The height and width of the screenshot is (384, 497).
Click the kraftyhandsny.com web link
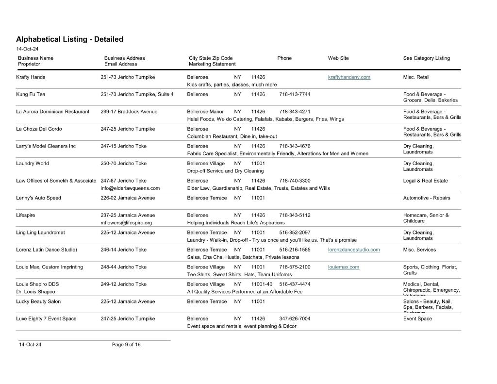coord(349,77)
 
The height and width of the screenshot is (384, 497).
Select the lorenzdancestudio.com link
coord(354,250)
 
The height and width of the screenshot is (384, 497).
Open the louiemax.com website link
coord(344,267)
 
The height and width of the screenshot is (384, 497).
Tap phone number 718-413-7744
coord(295,94)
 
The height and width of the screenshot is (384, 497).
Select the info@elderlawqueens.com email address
coord(130,188)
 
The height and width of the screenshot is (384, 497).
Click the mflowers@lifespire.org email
coord(126,223)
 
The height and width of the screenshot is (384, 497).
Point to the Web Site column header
coord(338,58)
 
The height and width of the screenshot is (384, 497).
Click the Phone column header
coord(284,58)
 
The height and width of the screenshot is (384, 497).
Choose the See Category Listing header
coord(426,58)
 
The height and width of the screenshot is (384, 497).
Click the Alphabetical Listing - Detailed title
coord(69,39)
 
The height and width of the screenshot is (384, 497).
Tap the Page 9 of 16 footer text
coord(126,345)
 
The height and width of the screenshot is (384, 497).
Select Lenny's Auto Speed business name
coord(38,198)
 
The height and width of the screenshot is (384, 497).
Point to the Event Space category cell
coord(417,319)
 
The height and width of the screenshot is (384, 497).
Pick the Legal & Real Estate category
coord(425,181)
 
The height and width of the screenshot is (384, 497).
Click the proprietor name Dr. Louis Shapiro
coord(35,292)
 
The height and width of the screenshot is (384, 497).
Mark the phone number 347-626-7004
coord(295,319)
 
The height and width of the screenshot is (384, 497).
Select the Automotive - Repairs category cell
coord(426,198)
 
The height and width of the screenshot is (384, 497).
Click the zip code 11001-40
coord(262,284)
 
